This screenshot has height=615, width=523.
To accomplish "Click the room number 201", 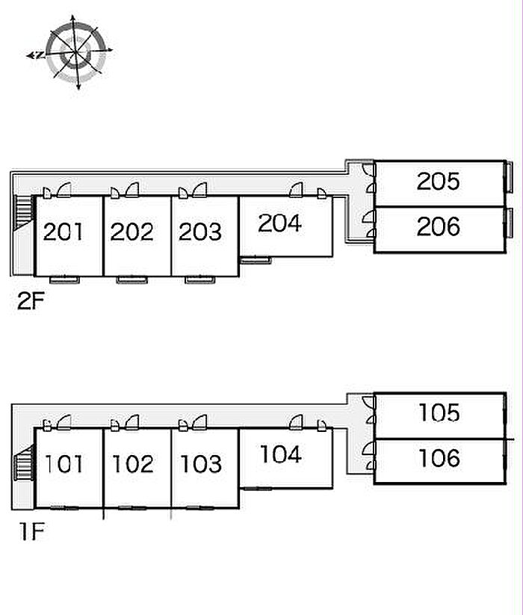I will pos(64,232).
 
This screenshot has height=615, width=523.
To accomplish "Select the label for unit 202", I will pos(132,232).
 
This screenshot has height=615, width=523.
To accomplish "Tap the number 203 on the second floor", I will pos(200,232).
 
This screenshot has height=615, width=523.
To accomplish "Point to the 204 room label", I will pos(279,223).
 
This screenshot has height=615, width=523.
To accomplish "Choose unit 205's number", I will pos(439,181).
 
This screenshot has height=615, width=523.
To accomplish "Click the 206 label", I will pos(439,226).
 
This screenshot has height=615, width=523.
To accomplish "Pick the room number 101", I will pos(64,464).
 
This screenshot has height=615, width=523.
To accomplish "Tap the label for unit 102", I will pos(132,464).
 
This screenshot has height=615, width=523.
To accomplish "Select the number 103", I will pos(200,464).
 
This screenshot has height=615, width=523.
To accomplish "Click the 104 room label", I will pos(279,454).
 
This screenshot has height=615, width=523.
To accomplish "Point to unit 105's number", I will pos(439,412).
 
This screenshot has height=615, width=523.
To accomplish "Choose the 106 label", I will pos(439,457).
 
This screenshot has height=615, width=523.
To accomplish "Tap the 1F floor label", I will pos(33,533).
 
